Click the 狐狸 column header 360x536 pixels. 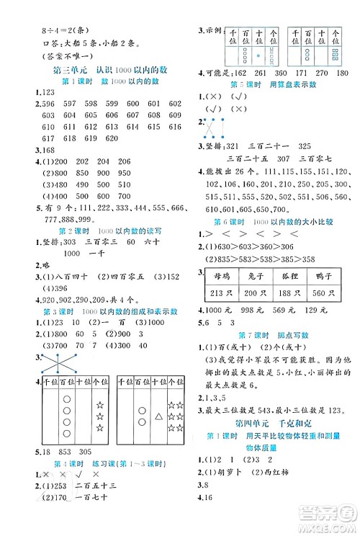(x=297, y=274)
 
